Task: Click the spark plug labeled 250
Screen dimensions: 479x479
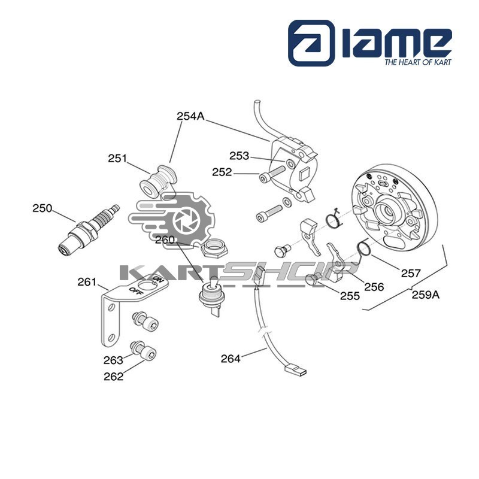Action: pyautogui.click(x=89, y=230)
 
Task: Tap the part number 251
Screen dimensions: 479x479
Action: pyautogui.click(x=117, y=159)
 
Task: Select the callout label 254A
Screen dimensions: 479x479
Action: pyautogui.click(x=190, y=116)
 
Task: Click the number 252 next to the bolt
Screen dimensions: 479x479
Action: pyautogui.click(x=222, y=172)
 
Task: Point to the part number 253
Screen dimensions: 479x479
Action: pyautogui.click(x=239, y=156)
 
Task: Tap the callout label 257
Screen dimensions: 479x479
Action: pyautogui.click(x=411, y=273)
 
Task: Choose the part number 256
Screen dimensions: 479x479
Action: pyautogui.click(x=374, y=287)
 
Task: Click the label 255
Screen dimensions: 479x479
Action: pyautogui.click(x=350, y=296)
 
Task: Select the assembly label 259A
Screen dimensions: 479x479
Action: pyautogui.click(x=426, y=295)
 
